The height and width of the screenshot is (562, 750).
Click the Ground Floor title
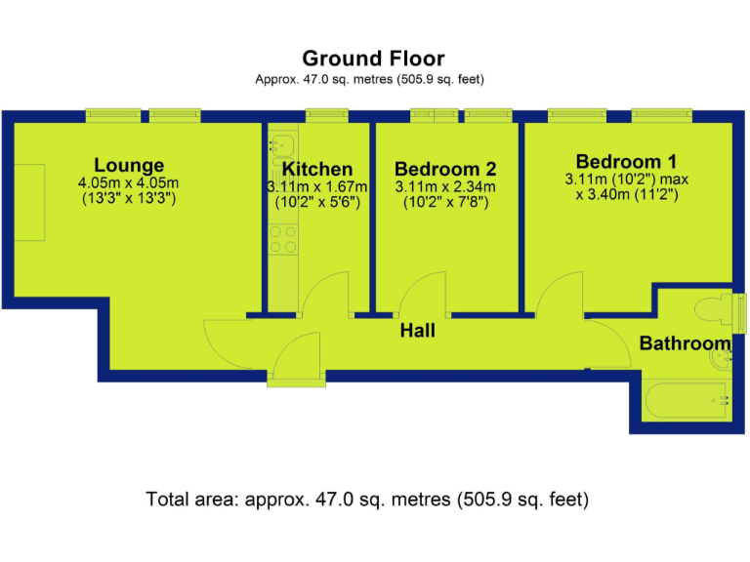click(x=373, y=59)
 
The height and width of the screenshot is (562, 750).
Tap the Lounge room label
click(x=129, y=165)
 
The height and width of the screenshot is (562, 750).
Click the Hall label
click(x=417, y=332)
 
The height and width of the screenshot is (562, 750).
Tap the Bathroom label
click(x=685, y=343)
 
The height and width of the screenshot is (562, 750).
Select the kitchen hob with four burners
click(x=282, y=240)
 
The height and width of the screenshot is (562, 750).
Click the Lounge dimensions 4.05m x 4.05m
click(x=129, y=183)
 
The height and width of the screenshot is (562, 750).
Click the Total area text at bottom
click(x=367, y=501)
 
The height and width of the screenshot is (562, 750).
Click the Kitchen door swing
click(x=327, y=293)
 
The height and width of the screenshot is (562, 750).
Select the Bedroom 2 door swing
click(x=421, y=293)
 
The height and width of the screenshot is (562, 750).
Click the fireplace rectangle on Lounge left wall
click(x=29, y=203)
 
